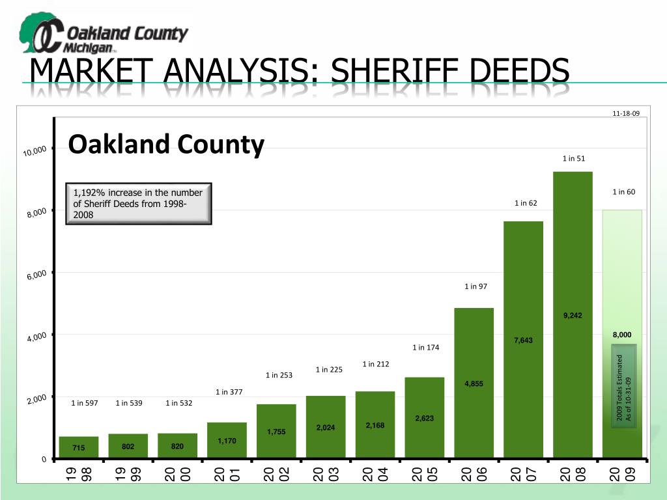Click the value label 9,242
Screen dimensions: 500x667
point(573,316)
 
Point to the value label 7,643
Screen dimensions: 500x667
point(523,340)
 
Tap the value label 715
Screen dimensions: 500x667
point(79,448)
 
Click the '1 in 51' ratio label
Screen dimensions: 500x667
point(574,158)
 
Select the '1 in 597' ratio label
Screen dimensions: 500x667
point(85,403)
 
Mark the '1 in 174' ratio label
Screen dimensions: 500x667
point(425,348)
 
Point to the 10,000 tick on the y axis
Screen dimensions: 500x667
point(35,151)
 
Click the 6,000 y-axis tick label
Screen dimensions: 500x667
point(36,275)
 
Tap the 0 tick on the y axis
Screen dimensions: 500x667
point(44,460)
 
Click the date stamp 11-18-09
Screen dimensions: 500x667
point(626,113)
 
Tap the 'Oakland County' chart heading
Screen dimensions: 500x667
point(166,144)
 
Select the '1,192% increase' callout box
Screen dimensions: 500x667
point(139,203)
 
